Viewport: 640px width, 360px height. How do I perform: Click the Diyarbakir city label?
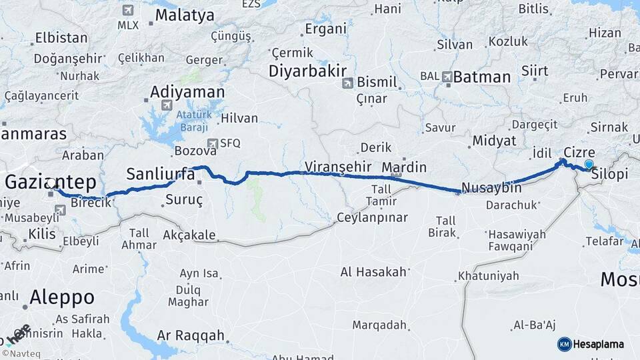pyautogui.click(x=307, y=71)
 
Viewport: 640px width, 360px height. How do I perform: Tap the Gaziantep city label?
pyautogui.click(x=51, y=181)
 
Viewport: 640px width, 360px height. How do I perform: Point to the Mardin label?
pyautogui.click(x=404, y=167)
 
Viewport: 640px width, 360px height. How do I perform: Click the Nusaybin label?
pyautogui.click(x=492, y=189)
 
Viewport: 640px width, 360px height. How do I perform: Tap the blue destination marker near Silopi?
pyautogui.click(x=589, y=164)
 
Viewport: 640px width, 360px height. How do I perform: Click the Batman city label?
pyautogui.click(x=481, y=77)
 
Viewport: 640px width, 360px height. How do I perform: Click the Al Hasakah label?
pyautogui.click(x=373, y=271)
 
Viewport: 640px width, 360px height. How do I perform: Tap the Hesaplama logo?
pyautogui.click(x=591, y=344)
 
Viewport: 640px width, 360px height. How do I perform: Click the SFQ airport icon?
pyautogui.click(x=213, y=143)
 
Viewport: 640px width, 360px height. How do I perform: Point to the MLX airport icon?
pyautogui.click(x=127, y=11)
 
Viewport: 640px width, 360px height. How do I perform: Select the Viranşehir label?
pyautogui.click(x=338, y=166)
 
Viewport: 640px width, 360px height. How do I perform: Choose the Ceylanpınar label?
pyautogui.click(x=371, y=217)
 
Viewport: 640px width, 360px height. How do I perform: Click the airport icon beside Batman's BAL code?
pyautogui.click(x=446, y=77)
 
